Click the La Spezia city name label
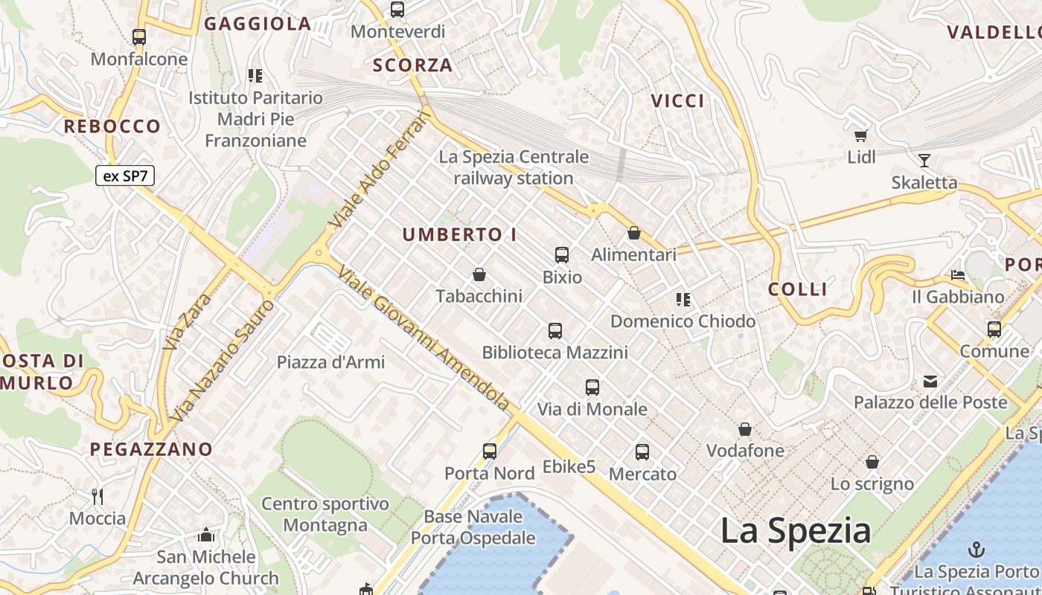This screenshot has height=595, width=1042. tap(796, 531)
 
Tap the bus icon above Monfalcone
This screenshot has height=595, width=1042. tap(139, 36)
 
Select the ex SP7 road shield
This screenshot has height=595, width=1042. tap(125, 176)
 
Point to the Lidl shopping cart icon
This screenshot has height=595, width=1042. tap(861, 135)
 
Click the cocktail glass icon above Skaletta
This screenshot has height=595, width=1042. tap(924, 160)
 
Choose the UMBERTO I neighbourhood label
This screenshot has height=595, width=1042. tap(459, 234)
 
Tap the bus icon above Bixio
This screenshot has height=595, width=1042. tap(562, 255)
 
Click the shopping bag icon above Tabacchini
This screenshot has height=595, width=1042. tap(479, 274)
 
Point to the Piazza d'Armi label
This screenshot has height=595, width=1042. tap(330, 362)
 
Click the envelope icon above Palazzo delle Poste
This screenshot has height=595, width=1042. tap(930, 382)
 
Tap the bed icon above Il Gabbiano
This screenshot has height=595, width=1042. tap(958, 276)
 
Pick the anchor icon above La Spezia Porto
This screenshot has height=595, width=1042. tap(976, 550)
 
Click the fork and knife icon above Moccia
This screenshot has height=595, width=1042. tap(98, 496)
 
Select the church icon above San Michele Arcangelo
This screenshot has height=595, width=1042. tap(206, 535)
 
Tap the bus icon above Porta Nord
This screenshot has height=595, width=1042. tap(490, 451)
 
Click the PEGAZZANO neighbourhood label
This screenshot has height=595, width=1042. tap(151, 449)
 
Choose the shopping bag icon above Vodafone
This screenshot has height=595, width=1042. tap(745, 429)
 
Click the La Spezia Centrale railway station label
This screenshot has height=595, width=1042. tap(514, 167)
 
